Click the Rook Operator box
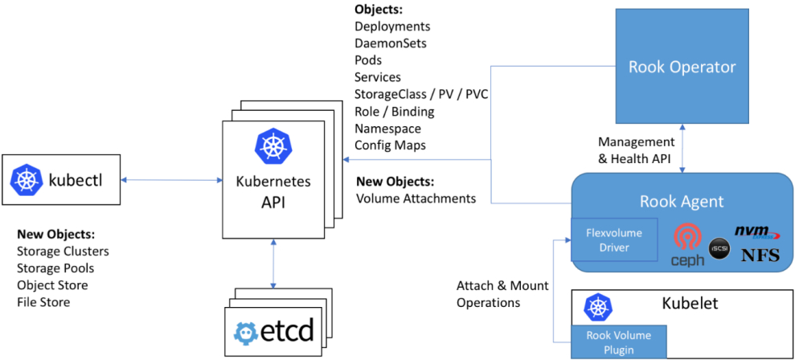point(682,65)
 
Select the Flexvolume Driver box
point(613,239)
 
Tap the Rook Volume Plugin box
point(619,342)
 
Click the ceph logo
point(687,244)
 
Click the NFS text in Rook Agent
point(760,256)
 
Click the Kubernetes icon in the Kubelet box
point(597,306)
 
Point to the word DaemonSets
point(391,43)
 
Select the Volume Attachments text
point(416,198)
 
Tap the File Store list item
point(43,302)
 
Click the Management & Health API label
point(636,150)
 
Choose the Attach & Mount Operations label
point(502,294)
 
